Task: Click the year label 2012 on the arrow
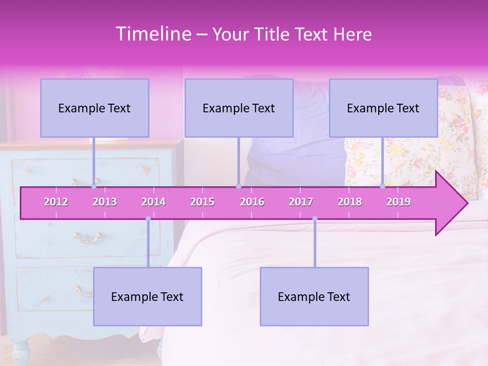[x=56, y=202]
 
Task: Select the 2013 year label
[x=105, y=202]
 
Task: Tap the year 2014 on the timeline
[x=154, y=202]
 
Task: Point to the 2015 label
[x=202, y=202]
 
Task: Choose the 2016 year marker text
[x=252, y=202]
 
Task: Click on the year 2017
[x=301, y=202]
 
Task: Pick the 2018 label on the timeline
[x=350, y=202]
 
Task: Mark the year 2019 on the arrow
[x=399, y=202]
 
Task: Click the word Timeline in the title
[x=152, y=34]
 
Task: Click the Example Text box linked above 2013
[x=95, y=108]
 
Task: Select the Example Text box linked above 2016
[x=239, y=108]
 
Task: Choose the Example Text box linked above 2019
[x=383, y=108]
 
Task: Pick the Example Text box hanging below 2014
[x=147, y=296]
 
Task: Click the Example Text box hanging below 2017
[x=314, y=296]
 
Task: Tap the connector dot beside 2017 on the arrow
[x=315, y=219]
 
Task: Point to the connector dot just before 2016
[x=238, y=187]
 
